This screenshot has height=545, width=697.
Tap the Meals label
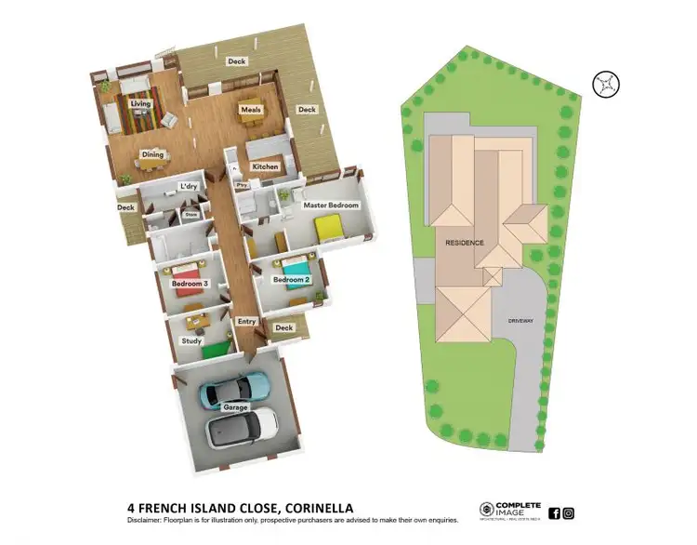[x=250, y=110]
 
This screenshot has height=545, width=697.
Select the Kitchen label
[x=266, y=167]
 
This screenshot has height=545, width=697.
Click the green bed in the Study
[x=215, y=349]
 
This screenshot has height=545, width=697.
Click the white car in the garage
[x=242, y=426]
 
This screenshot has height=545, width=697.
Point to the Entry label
[x=246, y=322]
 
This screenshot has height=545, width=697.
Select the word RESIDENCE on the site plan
[x=465, y=242]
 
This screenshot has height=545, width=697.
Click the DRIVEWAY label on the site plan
[x=520, y=321]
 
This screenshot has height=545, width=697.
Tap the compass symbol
[x=606, y=84]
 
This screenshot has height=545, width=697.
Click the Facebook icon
[x=555, y=512]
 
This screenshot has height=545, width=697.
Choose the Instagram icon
[x=569, y=512]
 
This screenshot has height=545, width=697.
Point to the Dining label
[x=153, y=154]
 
